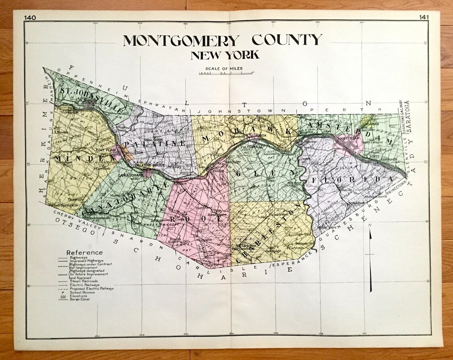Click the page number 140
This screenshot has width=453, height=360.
(x=29, y=17)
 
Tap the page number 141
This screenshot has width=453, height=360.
(x=424, y=17)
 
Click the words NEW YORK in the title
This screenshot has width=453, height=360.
(x=225, y=55)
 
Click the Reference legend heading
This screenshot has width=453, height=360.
(x=84, y=253)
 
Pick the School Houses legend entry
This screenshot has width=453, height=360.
(x=82, y=292)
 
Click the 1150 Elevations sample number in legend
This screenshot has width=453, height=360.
(x=62, y=296)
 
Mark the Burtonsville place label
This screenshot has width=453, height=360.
(x=305, y=243)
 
